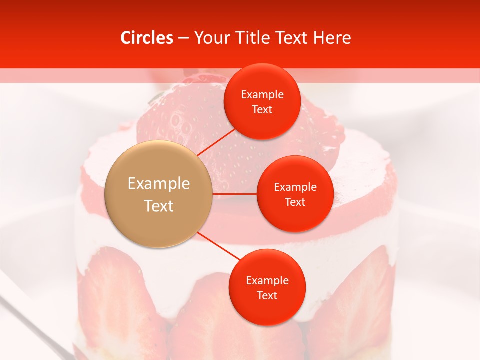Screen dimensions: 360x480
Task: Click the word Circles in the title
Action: (x=146, y=38)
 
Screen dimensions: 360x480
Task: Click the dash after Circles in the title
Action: (x=183, y=38)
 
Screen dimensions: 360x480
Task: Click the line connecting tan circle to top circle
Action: (x=216, y=141)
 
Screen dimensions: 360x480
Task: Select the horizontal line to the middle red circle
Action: (x=234, y=193)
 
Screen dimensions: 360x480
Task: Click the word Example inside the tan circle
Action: (x=159, y=184)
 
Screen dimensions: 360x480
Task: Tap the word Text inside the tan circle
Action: (x=159, y=206)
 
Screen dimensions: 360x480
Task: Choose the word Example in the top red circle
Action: (x=262, y=95)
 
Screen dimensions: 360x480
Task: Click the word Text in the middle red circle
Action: (x=295, y=202)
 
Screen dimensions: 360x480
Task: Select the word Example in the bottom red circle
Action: (x=267, y=281)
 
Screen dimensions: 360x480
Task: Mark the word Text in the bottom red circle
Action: (x=267, y=295)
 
